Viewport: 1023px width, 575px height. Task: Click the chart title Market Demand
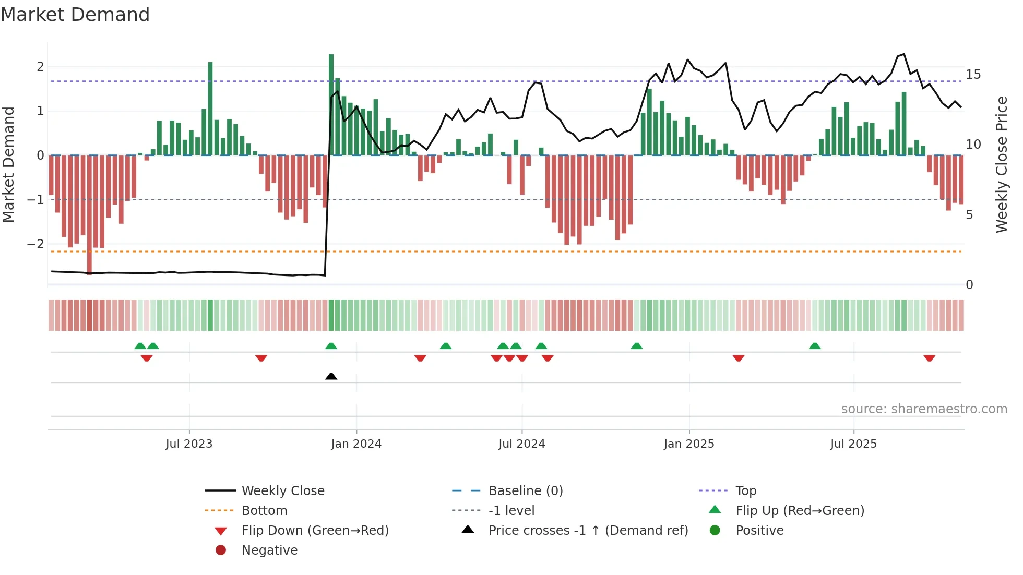point(75,15)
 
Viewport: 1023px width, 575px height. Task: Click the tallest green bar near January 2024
point(331,104)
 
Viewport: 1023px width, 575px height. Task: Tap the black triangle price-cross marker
point(331,376)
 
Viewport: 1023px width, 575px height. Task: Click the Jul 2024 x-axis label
point(521,444)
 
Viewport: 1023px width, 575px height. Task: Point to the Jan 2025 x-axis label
point(688,444)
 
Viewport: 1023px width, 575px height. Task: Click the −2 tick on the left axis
point(35,244)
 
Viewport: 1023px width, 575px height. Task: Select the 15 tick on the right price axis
point(973,75)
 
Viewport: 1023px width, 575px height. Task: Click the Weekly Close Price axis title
point(1001,164)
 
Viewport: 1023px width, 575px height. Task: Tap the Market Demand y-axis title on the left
point(8,164)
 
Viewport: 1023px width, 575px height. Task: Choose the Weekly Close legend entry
point(282,491)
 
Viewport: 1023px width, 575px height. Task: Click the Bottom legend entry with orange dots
point(264,511)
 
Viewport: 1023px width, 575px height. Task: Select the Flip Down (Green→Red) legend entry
point(315,531)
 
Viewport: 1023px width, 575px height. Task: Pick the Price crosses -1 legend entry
point(588,531)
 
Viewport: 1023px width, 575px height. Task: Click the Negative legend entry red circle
point(221,550)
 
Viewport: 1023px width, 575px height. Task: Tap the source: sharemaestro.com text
point(924,409)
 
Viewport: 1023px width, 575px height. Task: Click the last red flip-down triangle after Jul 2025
point(929,358)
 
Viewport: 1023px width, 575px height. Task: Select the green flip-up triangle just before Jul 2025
point(815,346)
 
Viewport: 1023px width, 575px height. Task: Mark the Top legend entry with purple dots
point(745,491)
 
